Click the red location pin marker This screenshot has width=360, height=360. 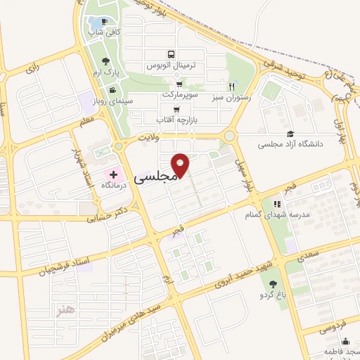[x=181, y=165]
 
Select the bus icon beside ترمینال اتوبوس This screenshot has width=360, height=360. [x=171, y=54]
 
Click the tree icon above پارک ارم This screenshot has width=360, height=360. [x=105, y=61]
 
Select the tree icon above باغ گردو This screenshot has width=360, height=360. [x=273, y=283]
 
